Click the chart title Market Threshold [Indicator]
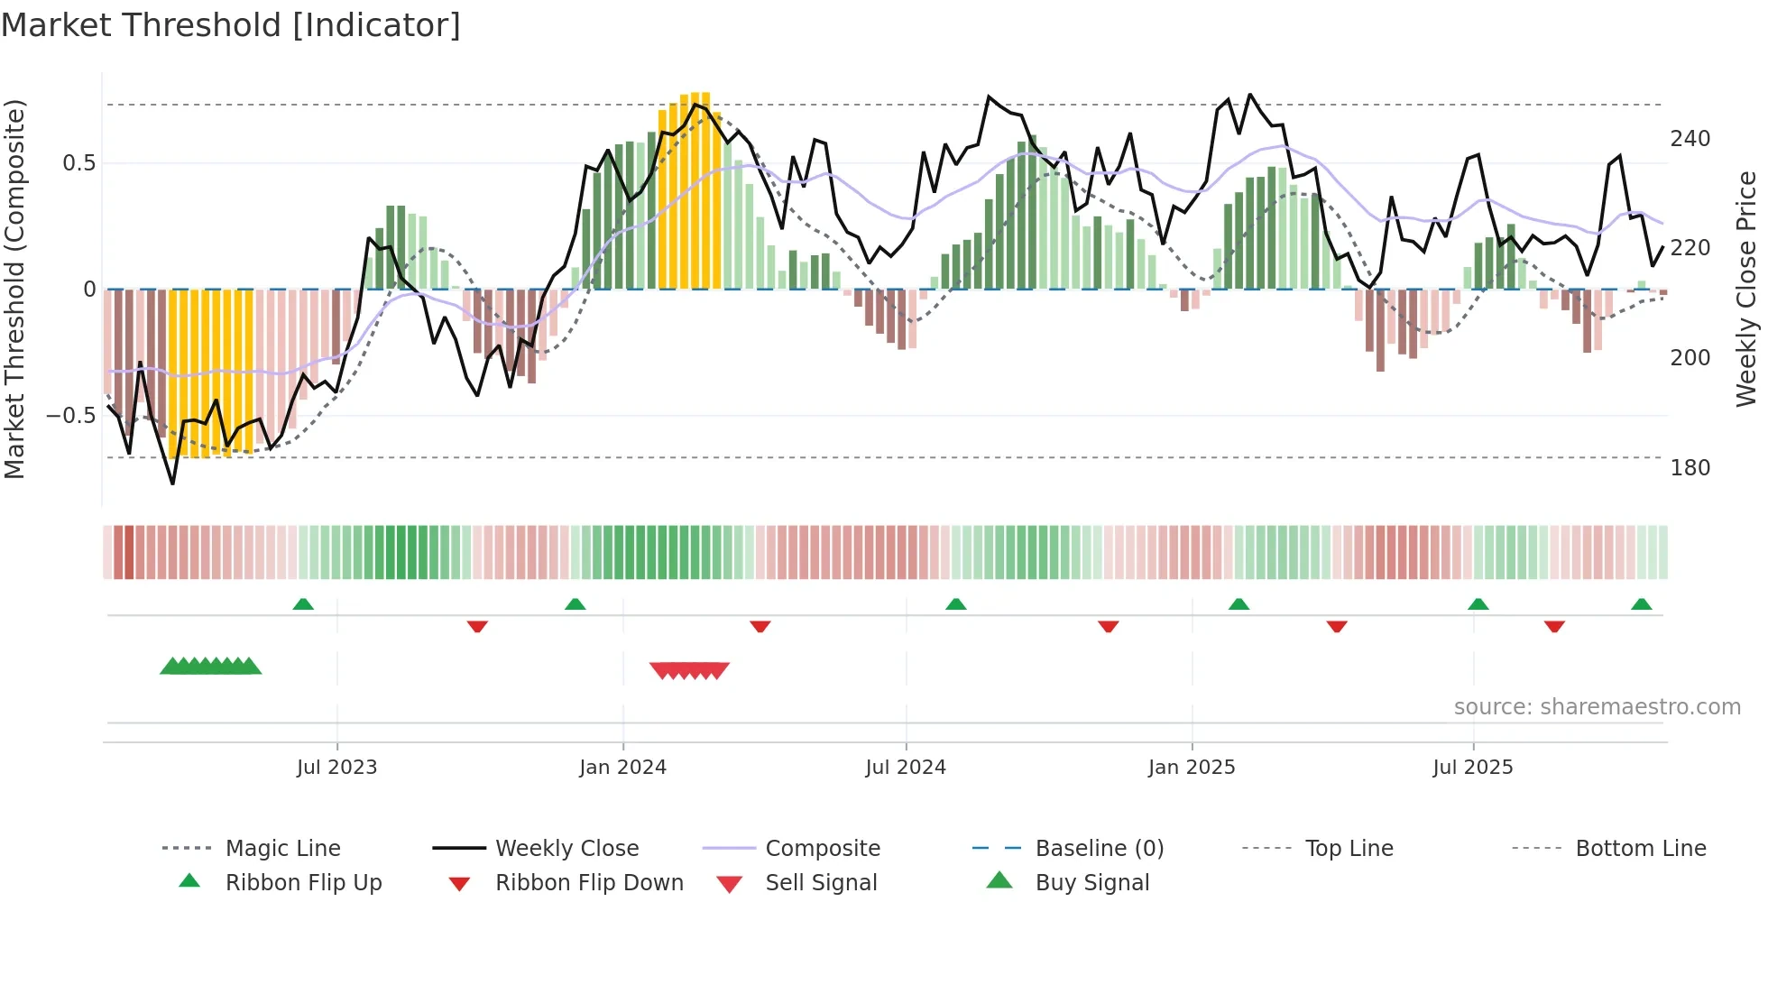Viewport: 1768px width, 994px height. (x=231, y=25)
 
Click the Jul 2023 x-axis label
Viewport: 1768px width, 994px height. (x=336, y=768)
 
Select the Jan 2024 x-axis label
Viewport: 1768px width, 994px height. (x=622, y=768)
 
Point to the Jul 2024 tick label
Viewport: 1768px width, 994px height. (x=905, y=768)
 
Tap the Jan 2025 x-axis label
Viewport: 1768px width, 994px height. (x=1191, y=768)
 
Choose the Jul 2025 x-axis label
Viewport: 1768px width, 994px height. (x=1472, y=768)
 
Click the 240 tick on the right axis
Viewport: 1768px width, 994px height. (x=1690, y=139)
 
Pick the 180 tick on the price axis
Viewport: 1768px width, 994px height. (x=1690, y=468)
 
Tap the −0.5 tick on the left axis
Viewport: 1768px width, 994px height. (x=70, y=416)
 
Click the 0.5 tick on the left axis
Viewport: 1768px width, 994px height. (x=78, y=163)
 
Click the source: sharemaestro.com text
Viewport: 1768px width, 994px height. (x=1597, y=707)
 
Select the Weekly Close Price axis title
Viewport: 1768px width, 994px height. (x=1746, y=289)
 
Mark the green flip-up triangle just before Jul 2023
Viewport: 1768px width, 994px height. (x=303, y=604)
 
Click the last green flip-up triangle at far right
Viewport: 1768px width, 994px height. (x=1641, y=604)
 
